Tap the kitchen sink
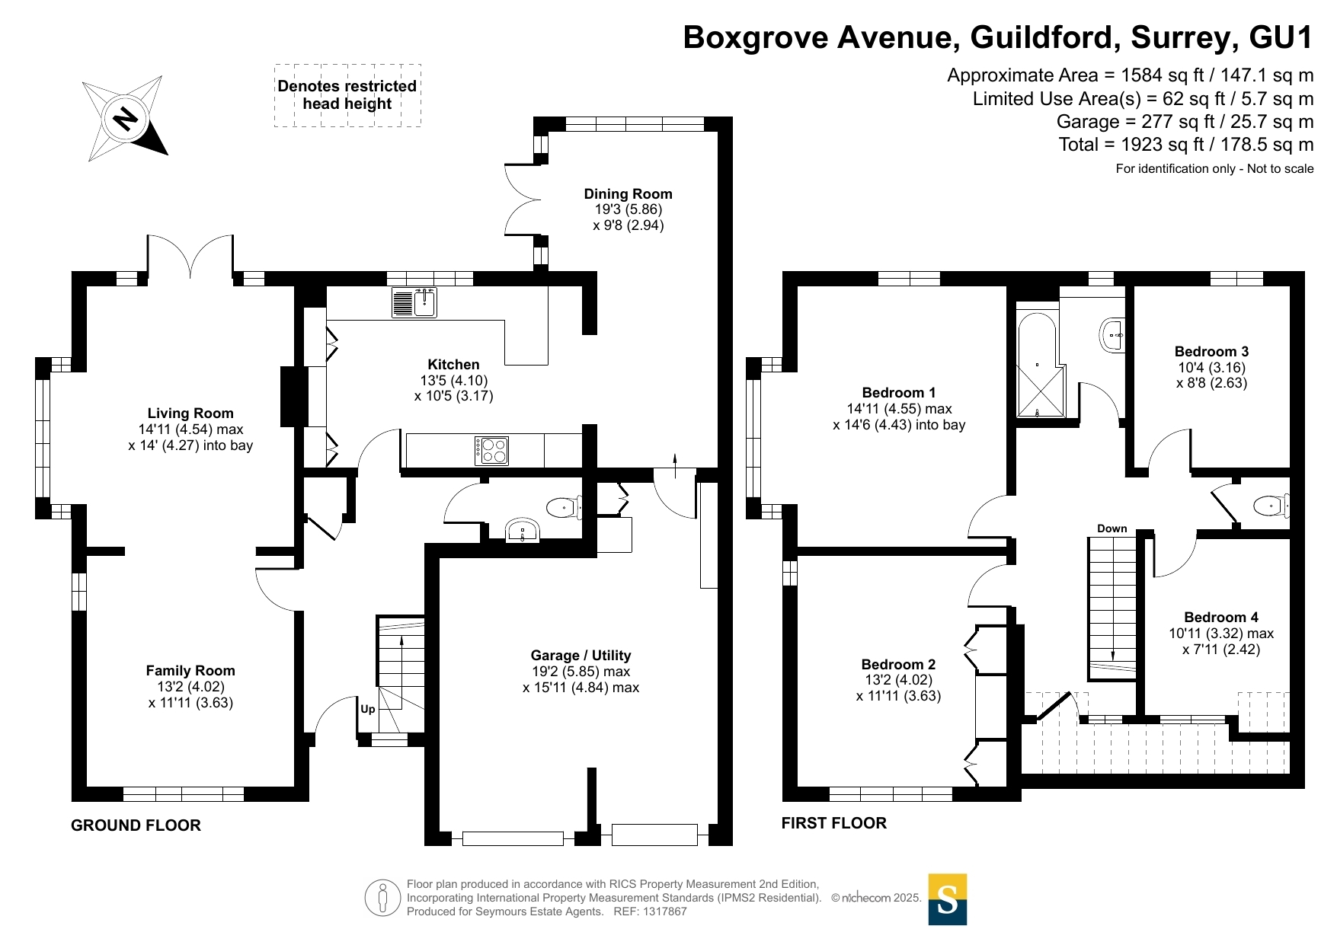(414, 302)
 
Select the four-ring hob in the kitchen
(491, 450)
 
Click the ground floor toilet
(565, 506)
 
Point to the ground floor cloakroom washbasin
(523, 531)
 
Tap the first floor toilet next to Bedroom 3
(1271, 505)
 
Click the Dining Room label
(629, 193)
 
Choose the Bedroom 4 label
(1221, 617)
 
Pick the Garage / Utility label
(581, 655)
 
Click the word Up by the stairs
(367, 709)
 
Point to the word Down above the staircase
(1112, 528)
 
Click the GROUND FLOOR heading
(136, 825)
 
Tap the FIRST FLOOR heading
(834, 823)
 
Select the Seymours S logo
(948, 899)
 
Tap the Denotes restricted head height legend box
(347, 95)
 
